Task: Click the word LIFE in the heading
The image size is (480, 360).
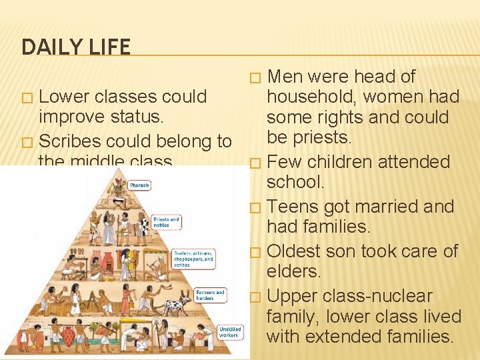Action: tap(109, 47)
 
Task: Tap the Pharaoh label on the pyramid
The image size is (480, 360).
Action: tap(139, 186)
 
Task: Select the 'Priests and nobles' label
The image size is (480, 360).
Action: tap(167, 222)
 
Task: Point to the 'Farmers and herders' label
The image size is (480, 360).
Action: tap(210, 295)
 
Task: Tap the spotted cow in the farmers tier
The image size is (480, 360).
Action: tap(177, 305)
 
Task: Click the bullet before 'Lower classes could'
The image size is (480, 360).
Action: tap(27, 98)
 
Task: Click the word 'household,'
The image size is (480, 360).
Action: tap(310, 97)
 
